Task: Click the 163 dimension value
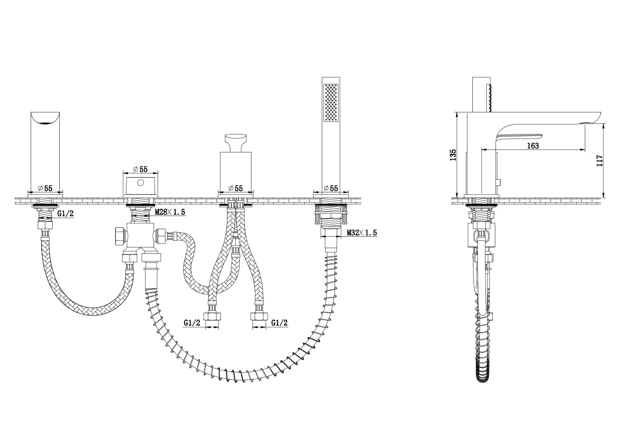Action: tap(533, 146)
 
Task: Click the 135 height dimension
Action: tap(453, 155)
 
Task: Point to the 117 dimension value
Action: tap(599, 161)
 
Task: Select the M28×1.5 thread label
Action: tap(170, 212)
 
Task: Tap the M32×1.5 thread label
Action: tap(362, 233)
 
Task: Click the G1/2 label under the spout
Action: tap(65, 213)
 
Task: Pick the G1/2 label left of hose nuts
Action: tap(192, 323)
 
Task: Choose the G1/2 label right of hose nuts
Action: tap(279, 323)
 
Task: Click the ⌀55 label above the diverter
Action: tap(141, 169)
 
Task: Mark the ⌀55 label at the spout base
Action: tap(45, 188)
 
